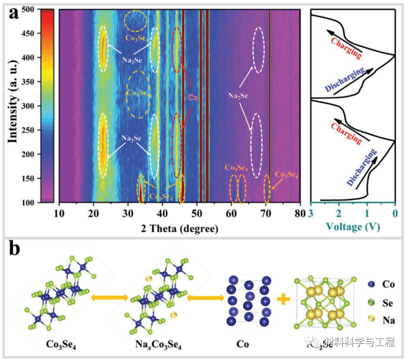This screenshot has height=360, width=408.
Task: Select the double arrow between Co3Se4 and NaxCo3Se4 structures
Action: (x=109, y=298)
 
